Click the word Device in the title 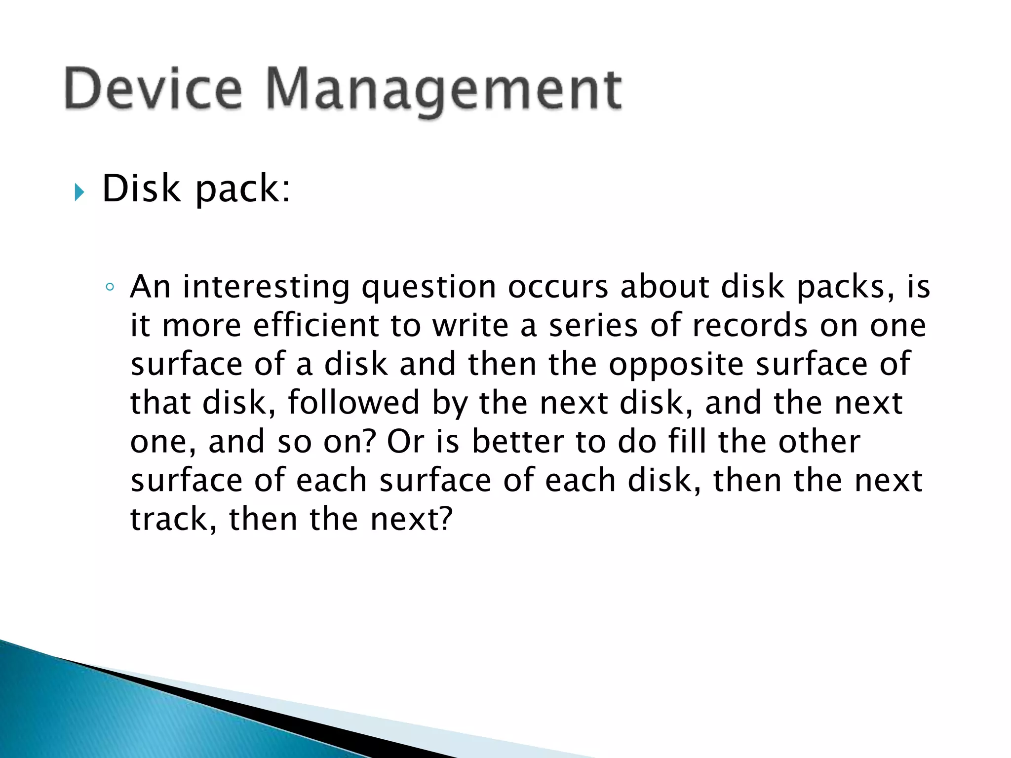point(153,89)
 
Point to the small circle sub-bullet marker point(110,287)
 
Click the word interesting point(266,287)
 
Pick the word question point(428,288)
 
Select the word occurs point(558,287)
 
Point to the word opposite point(676,365)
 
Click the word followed point(353,403)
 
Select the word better point(518,441)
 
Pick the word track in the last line point(169,519)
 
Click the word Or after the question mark point(405,441)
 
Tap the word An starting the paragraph point(150,287)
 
